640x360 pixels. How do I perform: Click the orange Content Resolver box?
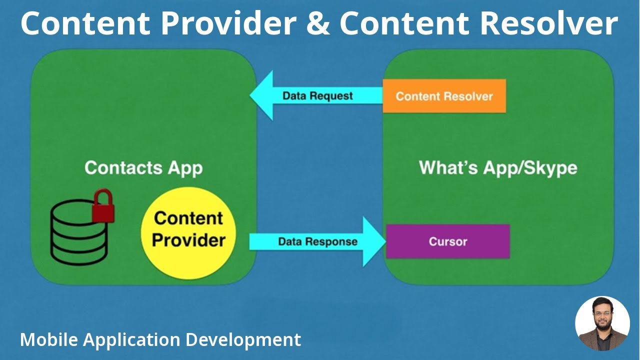click(x=444, y=96)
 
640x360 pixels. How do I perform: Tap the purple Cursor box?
click(x=447, y=241)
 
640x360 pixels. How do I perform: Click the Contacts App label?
click(x=143, y=167)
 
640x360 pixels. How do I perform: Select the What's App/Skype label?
click(x=498, y=167)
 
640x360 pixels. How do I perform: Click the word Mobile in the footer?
click(x=49, y=340)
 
